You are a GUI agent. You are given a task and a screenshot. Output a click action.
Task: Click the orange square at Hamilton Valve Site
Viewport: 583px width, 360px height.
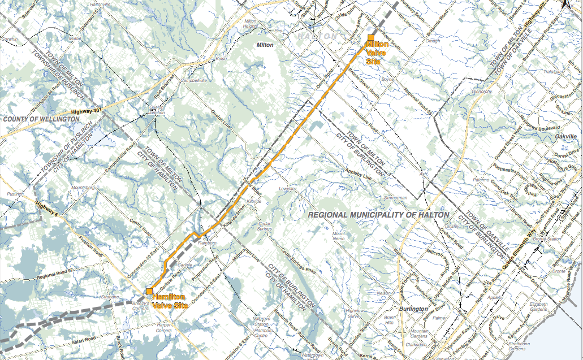[x=149, y=291]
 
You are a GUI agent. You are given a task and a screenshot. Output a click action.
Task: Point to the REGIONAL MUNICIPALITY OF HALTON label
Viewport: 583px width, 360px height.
[x=378, y=215]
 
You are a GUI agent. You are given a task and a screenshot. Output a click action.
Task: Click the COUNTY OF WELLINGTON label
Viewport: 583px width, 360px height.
[x=41, y=120]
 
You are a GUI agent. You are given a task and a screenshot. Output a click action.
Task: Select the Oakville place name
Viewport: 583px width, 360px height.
[x=565, y=137]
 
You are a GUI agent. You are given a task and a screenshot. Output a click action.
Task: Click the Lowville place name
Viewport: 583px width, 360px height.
[x=287, y=189]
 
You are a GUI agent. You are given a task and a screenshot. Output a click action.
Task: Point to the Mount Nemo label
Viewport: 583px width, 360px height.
[x=339, y=236]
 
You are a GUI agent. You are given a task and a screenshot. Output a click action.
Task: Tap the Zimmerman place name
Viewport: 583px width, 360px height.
[x=395, y=198]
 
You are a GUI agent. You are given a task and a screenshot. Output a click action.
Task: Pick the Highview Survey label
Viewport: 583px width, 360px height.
[x=355, y=314]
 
